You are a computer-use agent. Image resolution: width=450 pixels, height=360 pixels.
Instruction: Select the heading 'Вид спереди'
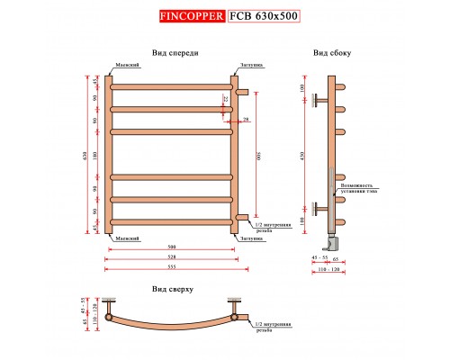coord(175,53)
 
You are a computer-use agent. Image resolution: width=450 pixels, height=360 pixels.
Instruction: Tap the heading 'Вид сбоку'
coord(325,53)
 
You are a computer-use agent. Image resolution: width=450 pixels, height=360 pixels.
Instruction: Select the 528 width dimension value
coord(171,256)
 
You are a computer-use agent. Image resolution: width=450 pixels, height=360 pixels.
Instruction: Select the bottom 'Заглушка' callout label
coord(251,238)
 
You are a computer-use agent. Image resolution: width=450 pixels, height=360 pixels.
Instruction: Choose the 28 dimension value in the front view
coord(245,119)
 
